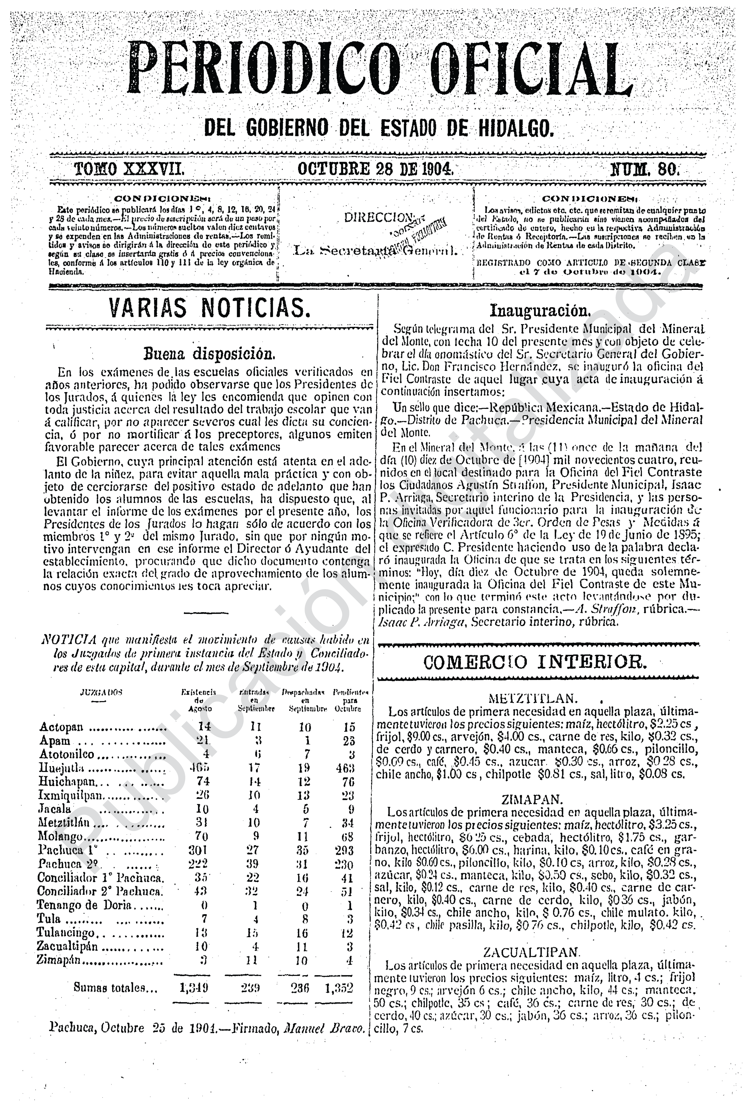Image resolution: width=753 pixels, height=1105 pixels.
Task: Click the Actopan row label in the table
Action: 62,727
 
